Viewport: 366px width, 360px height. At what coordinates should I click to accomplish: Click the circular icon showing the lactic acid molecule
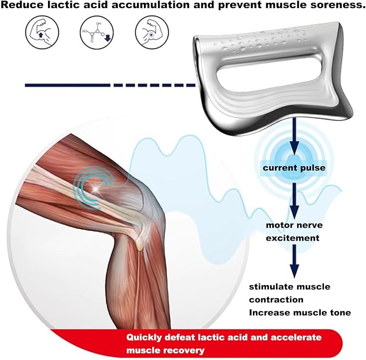pyautogui.click(x=97, y=32)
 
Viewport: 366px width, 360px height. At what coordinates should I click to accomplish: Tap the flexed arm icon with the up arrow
pyautogui.click(x=42, y=32)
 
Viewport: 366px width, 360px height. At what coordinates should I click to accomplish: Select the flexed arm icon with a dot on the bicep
pyautogui.click(x=152, y=32)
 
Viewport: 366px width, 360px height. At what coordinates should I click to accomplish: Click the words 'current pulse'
pyautogui.click(x=294, y=168)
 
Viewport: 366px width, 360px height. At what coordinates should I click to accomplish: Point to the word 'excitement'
pyautogui.click(x=293, y=238)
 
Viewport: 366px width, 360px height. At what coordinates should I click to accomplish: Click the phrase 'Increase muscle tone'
pyautogui.click(x=300, y=313)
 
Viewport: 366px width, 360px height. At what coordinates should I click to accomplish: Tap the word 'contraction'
pyautogui.click(x=276, y=300)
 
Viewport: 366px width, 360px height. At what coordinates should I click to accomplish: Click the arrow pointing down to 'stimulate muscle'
pyautogui.click(x=294, y=261)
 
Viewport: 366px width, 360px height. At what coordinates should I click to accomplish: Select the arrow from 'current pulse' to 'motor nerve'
pyautogui.click(x=294, y=201)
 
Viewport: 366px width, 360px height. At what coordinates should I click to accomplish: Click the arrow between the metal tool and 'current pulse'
pyautogui.click(x=294, y=137)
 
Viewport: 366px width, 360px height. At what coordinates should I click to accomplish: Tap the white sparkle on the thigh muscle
pyautogui.click(x=96, y=188)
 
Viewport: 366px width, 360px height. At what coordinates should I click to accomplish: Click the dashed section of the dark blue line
pyautogui.click(x=154, y=85)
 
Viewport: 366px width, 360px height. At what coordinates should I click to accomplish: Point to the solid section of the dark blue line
pyautogui.click(x=67, y=85)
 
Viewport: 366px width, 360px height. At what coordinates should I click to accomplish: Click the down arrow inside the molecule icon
pyautogui.click(x=107, y=38)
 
